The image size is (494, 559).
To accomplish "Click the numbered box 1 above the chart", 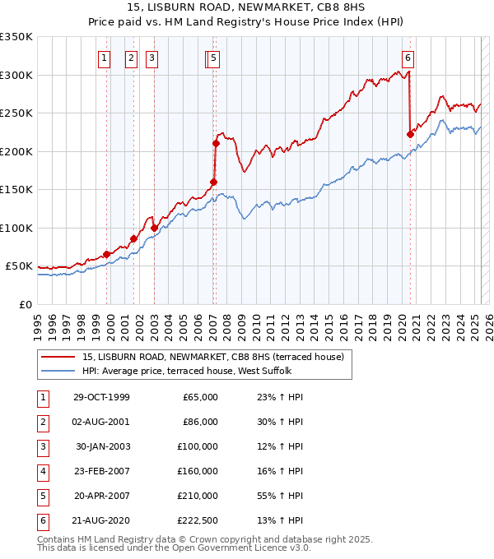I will pyautogui.click(x=105, y=58).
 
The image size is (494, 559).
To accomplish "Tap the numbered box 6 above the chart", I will pyautogui.click(x=408, y=58).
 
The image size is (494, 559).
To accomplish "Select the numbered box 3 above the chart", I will pyautogui.click(x=152, y=58).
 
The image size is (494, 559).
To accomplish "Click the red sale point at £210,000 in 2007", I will pyautogui.click(x=216, y=143).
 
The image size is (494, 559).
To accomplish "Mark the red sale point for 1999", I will pyautogui.click(x=107, y=254).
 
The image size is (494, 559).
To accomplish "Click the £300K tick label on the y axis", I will pyautogui.click(x=16, y=75).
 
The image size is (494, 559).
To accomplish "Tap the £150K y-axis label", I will pyautogui.click(x=16, y=189).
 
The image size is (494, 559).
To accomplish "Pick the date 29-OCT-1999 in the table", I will pyautogui.click(x=101, y=397).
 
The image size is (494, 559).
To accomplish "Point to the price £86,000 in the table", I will pyautogui.click(x=200, y=422).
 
